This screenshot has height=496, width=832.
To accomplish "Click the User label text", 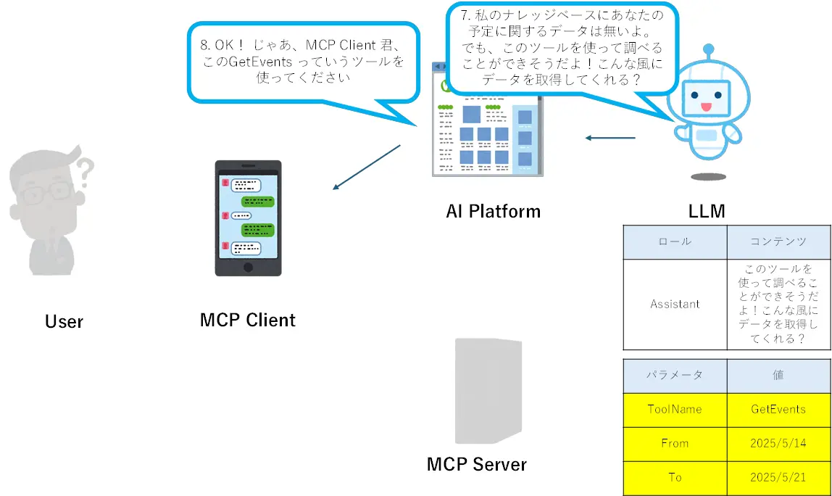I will click(64, 321).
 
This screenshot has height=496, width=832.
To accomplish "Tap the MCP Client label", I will click(248, 320).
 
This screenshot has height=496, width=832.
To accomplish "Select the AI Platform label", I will click(493, 212).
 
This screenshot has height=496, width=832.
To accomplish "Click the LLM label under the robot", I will click(707, 212).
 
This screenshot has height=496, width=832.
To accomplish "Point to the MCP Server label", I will click(477, 464).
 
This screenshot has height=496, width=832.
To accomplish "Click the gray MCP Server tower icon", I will click(487, 392).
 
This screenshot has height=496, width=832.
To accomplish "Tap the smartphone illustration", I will click(248, 218).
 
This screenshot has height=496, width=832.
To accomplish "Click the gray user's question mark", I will click(86, 171).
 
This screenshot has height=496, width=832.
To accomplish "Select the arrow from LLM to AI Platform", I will click(610, 138).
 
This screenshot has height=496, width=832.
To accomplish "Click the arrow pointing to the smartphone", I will click(366, 168).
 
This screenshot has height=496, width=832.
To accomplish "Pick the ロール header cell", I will click(675, 241).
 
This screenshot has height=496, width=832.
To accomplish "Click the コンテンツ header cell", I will click(778, 241).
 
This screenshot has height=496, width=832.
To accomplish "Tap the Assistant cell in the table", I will click(675, 305).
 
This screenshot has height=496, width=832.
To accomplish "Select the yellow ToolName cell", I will click(675, 410).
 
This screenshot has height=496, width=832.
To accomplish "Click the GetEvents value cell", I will click(778, 410).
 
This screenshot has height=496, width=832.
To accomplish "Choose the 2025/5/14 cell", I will click(778, 443).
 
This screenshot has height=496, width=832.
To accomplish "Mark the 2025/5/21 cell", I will click(778, 477).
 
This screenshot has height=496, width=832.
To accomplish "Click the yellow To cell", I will click(675, 477).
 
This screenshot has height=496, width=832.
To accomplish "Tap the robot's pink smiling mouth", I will click(706, 107).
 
